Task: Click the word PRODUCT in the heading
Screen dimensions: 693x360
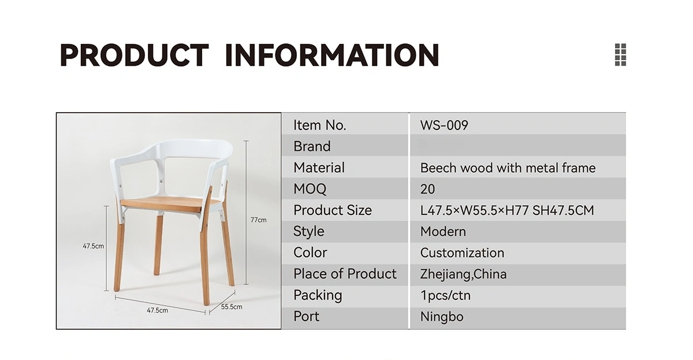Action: click(134, 55)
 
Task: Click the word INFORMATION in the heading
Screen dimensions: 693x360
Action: click(332, 55)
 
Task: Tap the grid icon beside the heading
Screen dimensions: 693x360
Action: click(620, 55)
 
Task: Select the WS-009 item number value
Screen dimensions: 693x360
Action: click(444, 125)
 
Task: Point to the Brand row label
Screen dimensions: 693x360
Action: click(312, 146)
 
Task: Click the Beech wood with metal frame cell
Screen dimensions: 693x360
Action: click(508, 168)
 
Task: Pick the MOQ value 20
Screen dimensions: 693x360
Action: click(427, 189)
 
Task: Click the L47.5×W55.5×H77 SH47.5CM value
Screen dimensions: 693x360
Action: click(507, 210)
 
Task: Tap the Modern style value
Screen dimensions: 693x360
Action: click(443, 232)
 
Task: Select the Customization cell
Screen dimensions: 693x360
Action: click(462, 253)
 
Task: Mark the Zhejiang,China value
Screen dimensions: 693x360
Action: click(463, 274)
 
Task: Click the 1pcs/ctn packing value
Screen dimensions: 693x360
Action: click(445, 296)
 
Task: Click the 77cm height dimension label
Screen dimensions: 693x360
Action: click(258, 220)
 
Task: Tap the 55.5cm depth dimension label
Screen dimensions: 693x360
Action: click(232, 307)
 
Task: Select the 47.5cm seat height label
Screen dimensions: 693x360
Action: click(93, 246)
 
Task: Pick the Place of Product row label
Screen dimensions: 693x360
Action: click(345, 274)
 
